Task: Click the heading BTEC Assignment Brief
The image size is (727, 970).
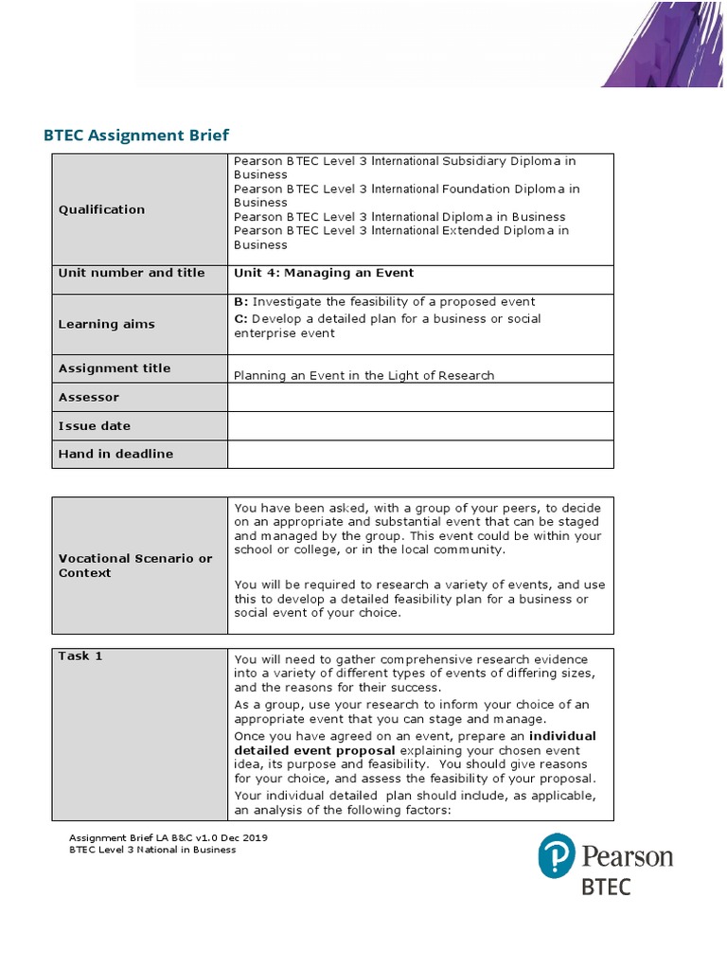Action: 136,135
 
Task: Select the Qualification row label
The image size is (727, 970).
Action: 101,209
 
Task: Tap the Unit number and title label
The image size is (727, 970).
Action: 131,273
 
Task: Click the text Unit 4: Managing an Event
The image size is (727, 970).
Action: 324,273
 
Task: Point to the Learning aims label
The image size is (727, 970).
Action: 106,324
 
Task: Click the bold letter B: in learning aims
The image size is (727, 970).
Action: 240,301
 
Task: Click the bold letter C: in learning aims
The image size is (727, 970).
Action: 240,318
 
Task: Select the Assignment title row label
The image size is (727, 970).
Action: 115,368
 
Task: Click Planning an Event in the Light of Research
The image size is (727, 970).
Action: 363,375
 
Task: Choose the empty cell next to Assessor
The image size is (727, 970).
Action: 420,398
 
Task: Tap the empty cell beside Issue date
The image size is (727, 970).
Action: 420,426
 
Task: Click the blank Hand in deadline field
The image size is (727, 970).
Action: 420,454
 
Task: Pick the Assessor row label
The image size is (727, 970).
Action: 89,398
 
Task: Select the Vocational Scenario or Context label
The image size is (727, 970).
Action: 135,566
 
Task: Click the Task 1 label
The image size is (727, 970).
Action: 80,656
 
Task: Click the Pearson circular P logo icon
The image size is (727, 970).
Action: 557,856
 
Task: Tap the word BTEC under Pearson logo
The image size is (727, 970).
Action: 605,887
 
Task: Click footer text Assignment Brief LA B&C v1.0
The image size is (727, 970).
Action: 174,837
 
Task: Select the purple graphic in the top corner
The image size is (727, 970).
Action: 662,45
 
